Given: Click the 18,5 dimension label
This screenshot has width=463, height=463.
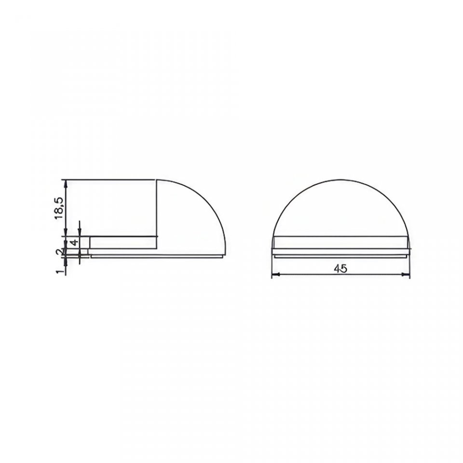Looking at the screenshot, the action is point(59,208).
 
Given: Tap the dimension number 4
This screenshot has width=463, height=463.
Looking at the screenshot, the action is point(75,243).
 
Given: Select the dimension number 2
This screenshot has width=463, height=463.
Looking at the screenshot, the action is point(60,252).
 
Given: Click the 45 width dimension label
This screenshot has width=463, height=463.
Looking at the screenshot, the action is point(340,269).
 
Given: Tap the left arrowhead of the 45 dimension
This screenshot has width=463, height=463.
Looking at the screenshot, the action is point(275,274).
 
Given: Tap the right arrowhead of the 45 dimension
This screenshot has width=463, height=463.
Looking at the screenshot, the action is point(406,274).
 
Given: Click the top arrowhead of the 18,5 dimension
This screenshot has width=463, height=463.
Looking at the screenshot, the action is point(66,183).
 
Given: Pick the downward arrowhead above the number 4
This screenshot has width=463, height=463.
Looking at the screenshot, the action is point(80,232).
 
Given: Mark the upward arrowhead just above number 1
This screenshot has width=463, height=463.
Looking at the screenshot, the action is point(66,261).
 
